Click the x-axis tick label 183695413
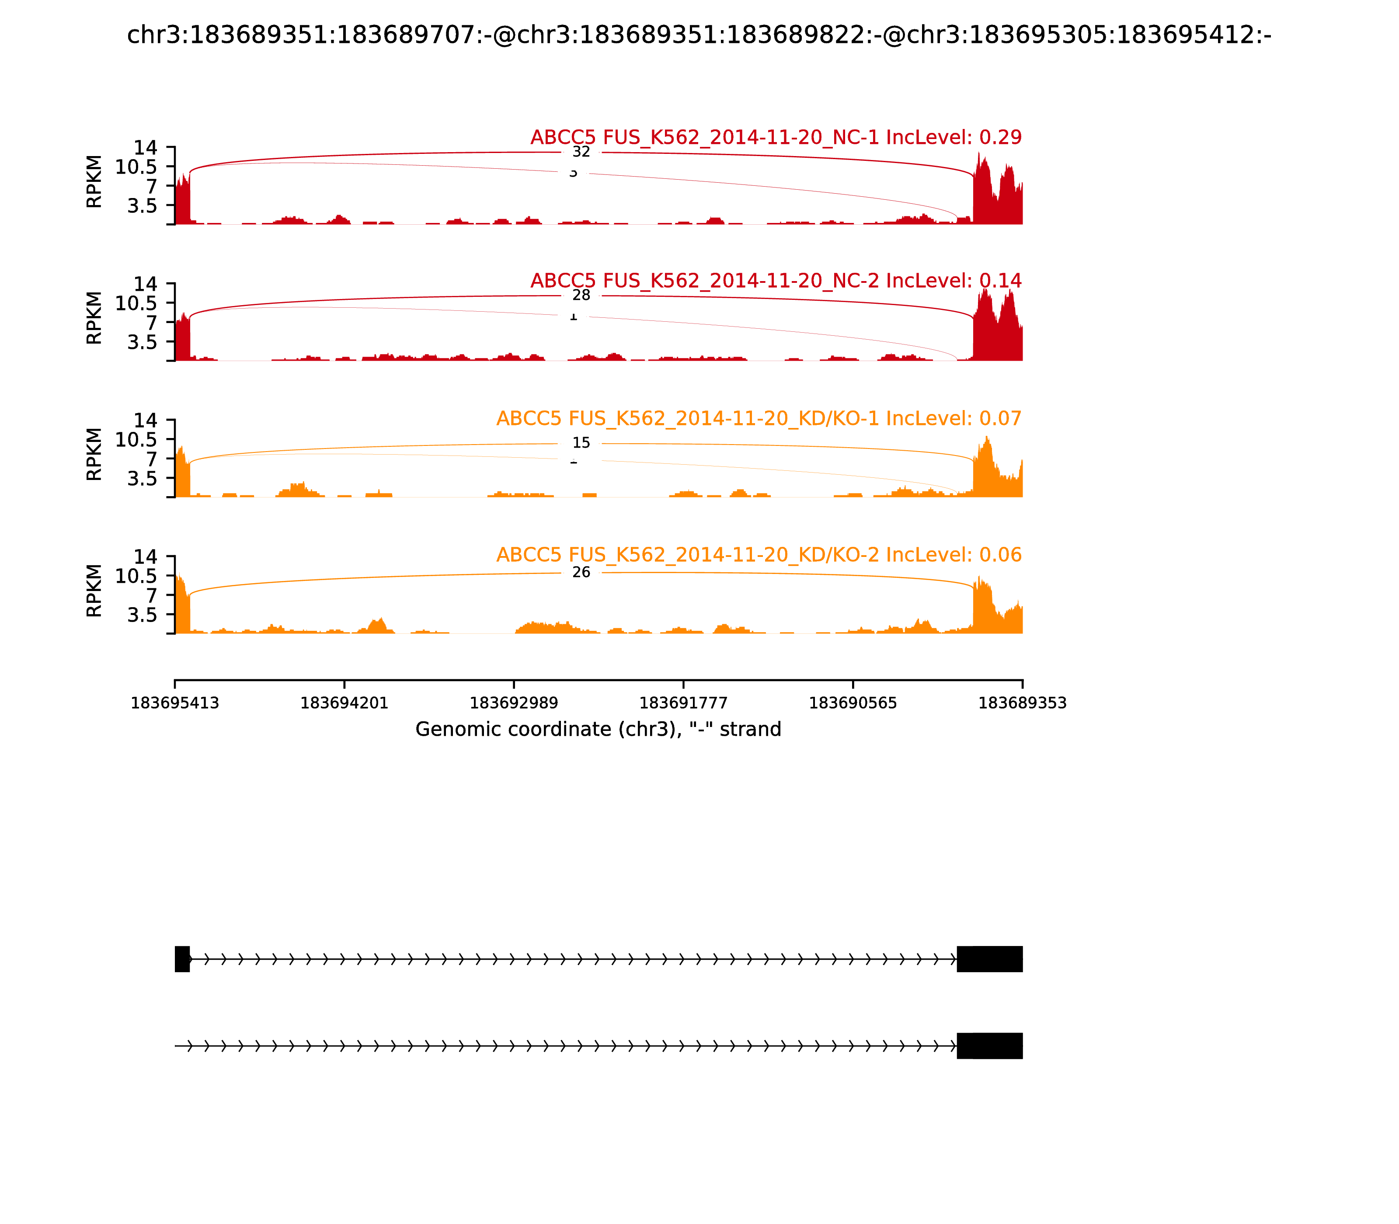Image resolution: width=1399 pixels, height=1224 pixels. [x=175, y=703]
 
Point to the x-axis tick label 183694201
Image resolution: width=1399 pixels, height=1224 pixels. [x=345, y=703]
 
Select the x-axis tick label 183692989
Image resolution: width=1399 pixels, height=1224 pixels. [x=514, y=703]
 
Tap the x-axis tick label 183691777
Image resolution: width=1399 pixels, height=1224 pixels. [x=683, y=703]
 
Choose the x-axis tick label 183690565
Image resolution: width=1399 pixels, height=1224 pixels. [x=853, y=703]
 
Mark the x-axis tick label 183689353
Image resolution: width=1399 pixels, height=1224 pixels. [x=1022, y=703]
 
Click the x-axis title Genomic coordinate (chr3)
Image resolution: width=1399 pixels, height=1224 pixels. [x=598, y=730]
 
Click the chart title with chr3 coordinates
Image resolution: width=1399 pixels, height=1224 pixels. [x=699, y=35]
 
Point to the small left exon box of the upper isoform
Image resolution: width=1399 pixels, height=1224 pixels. [x=182, y=959]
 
